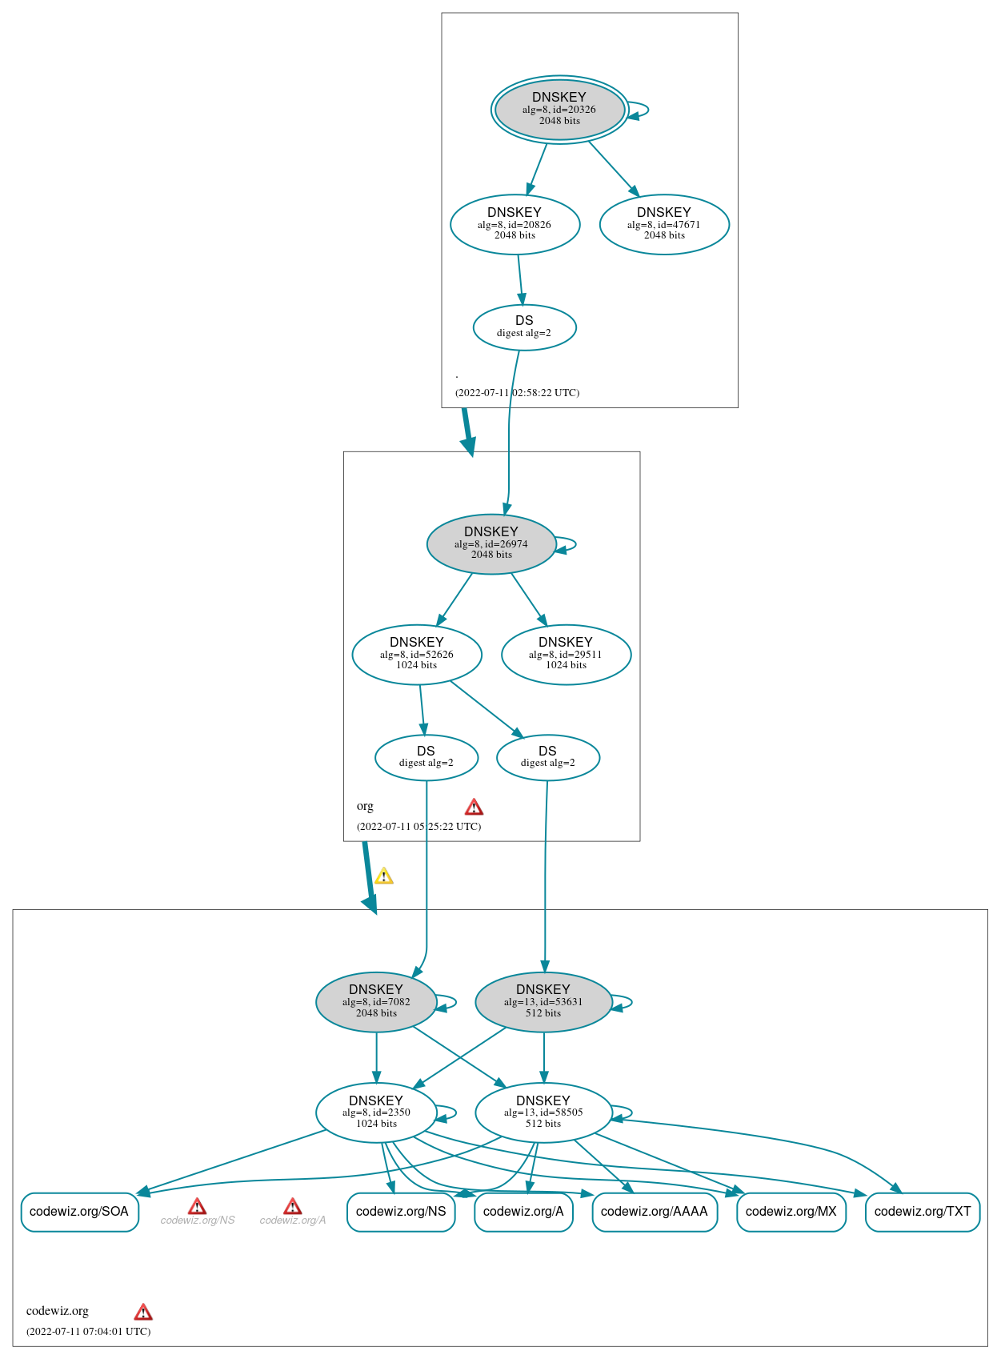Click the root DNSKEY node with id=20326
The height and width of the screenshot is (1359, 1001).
559,110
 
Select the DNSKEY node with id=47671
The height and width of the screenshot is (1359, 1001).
664,224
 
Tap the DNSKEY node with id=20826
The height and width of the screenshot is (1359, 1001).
515,224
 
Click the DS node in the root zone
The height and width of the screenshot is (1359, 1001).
524,327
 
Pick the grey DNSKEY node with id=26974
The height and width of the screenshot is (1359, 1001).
491,543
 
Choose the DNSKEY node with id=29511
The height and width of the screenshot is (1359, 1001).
566,654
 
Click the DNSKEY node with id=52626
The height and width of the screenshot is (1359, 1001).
417,654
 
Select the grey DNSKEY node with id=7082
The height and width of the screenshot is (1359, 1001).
376,1002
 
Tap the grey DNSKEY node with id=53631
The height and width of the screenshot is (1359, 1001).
543,1002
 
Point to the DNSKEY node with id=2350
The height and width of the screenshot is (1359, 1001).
376,1112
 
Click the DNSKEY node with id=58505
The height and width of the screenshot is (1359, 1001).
543,1112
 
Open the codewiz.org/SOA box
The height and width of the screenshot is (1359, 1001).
79,1212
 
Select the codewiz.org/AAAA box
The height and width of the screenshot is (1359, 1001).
654,1212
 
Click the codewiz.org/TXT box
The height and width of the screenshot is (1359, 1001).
922,1212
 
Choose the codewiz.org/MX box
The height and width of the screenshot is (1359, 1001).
791,1212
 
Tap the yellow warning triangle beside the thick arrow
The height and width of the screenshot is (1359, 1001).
384,876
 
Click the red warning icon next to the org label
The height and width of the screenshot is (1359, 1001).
474,807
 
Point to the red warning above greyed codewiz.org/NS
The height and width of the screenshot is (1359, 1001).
197,1206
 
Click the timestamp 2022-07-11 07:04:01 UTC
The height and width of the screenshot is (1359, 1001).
88,1332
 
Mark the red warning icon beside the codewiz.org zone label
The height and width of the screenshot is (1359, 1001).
143,1312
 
